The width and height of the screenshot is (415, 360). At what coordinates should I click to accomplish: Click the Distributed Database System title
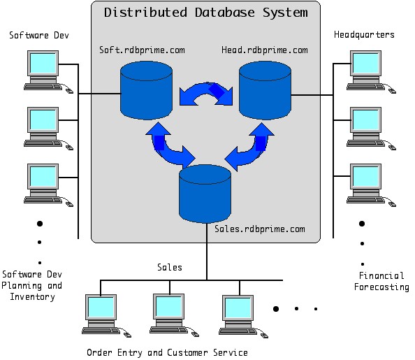click(x=205, y=13)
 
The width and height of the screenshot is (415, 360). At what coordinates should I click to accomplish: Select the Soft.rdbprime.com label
click(x=142, y=50)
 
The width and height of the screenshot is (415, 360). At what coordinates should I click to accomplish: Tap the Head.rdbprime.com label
click(x=264, y=50)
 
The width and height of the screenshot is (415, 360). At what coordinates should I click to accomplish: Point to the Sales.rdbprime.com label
click(x=260, y=229)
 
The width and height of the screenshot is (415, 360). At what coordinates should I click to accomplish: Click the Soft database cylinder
click(x=146, y=90)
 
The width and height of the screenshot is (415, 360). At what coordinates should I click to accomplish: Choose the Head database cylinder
click(x=265, y=90)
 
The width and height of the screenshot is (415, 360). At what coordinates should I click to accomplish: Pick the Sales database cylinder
click(x=205, y=194)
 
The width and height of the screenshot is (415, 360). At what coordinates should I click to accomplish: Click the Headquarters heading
click(x=364, y=35)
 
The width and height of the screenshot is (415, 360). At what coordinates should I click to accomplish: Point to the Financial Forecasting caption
click(x=381, y=281)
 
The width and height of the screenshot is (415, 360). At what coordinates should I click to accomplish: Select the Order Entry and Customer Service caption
click(x=167, y=352)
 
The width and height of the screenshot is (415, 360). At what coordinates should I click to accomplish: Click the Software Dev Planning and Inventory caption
click(x=31, y=286)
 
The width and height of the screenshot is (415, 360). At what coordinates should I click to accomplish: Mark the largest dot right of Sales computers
click(x=276, y=309)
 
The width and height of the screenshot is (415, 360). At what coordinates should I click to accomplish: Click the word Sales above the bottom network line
click(x=170, y=267)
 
